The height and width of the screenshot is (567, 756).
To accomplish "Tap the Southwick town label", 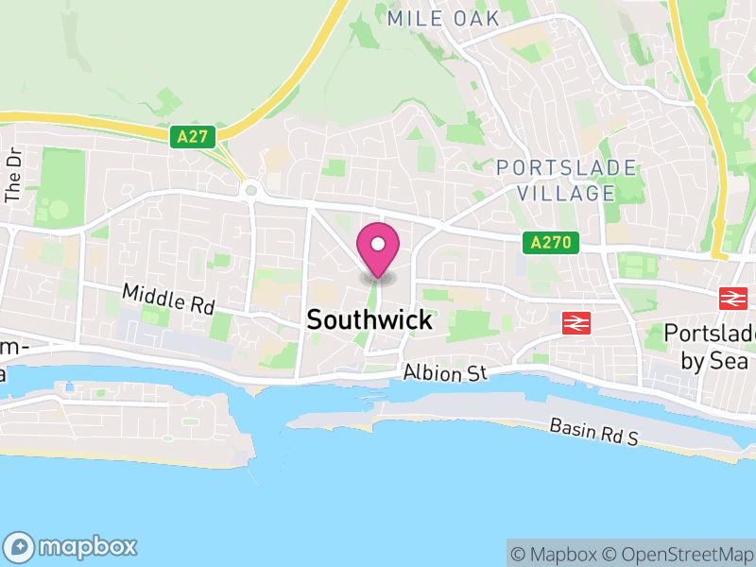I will [x=369, y=320].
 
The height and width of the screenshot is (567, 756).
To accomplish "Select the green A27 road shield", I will [x=193, y=137].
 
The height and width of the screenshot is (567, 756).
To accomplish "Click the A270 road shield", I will [x=550, y=243].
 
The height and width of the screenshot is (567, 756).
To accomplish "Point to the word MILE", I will [x=414, y=18].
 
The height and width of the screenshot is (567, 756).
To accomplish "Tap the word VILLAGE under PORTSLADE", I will [x=566, y=193].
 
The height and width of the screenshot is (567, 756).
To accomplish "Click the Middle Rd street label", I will [x=168, y=300].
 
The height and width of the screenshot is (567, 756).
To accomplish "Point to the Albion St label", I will [x=444, y=373].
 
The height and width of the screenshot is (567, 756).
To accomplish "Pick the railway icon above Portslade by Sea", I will [x=731, y=299].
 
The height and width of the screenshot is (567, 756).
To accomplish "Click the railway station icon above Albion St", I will [x=575, y=322].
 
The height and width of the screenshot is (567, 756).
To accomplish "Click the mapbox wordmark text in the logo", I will [x=88, y=546].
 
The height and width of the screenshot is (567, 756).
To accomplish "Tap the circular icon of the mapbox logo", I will [x=21, y=546].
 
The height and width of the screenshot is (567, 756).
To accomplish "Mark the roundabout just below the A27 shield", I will [x=250, y=190].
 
